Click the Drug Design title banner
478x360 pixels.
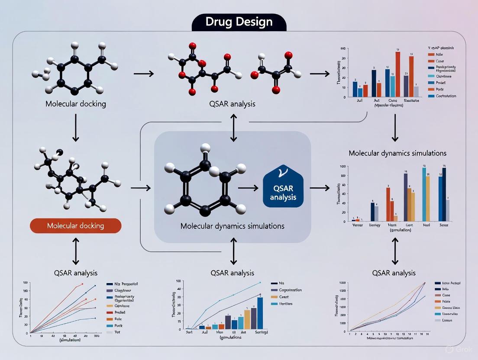pyautogui.click(x=239, y=22)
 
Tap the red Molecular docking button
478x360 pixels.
pyautogui.click(x=76, y=226)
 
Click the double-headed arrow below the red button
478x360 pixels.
pyautogui.click(x=76, y=251)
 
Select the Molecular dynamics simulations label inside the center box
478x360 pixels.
pyautogui.click(x=233, y=226)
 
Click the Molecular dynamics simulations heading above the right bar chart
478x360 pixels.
pyautogui.click(x=397, y=153)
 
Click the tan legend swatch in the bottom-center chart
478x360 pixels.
pyautogui.click(x=274, y=297)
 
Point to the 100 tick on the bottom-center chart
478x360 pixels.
pyautogui.click(x=178, y=282)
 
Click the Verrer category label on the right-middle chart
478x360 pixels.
pyautogui.click(x=358, y=225)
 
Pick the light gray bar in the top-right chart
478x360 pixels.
pyautogui.click(x=416, y=92)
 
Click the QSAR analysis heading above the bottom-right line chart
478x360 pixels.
pyautogui.click(x=394, y=273)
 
